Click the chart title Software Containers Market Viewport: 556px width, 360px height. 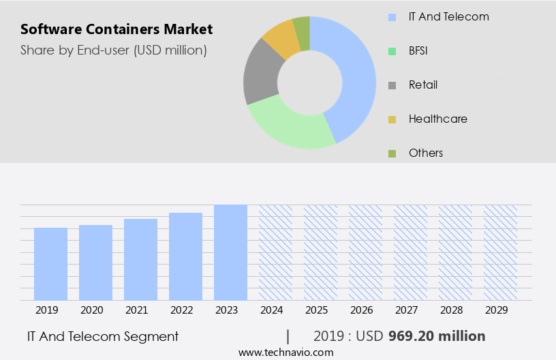coord(117,29)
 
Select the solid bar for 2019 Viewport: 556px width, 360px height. coord(50,264)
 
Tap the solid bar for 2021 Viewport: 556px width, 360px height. coord(140,259)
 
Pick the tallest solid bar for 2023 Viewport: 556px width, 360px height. coord(230,252)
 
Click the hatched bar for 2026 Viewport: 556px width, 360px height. coord(365,252)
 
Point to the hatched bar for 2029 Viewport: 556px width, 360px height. coord(500,252)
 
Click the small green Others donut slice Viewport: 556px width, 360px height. coord(302,29)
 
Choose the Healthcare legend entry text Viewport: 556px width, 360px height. coord(437,119)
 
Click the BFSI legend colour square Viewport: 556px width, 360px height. coord(392,51)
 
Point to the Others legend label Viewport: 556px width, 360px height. coord(426,153)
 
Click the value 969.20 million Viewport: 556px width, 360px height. coord(437,336)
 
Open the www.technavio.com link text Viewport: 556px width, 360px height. coord(285,352)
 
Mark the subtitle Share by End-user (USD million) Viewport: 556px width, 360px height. coord(114,50)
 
